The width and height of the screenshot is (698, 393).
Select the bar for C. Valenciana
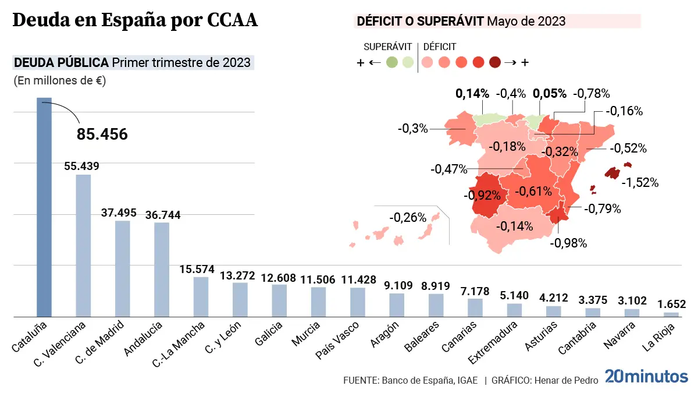(83, 245)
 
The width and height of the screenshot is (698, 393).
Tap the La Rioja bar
(671, 314)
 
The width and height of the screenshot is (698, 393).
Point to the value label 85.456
(102, 134)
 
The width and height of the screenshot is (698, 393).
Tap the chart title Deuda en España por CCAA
(134, 21)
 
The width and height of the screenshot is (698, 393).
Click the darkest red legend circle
(495, 62)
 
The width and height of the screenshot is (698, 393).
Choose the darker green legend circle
(392, 62)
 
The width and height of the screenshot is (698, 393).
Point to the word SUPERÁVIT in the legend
(388, 47)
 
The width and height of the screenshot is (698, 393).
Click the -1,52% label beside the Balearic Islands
(640, 183)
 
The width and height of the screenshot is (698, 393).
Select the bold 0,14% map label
(472, 93)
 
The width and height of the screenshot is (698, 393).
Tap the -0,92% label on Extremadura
(482, 195)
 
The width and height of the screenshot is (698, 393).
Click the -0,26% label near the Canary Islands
(408, 218)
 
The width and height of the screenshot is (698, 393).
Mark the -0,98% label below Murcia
(568, 243)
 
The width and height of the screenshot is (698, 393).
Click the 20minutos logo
(646, 376)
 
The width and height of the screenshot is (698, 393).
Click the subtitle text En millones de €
(59, 81)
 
